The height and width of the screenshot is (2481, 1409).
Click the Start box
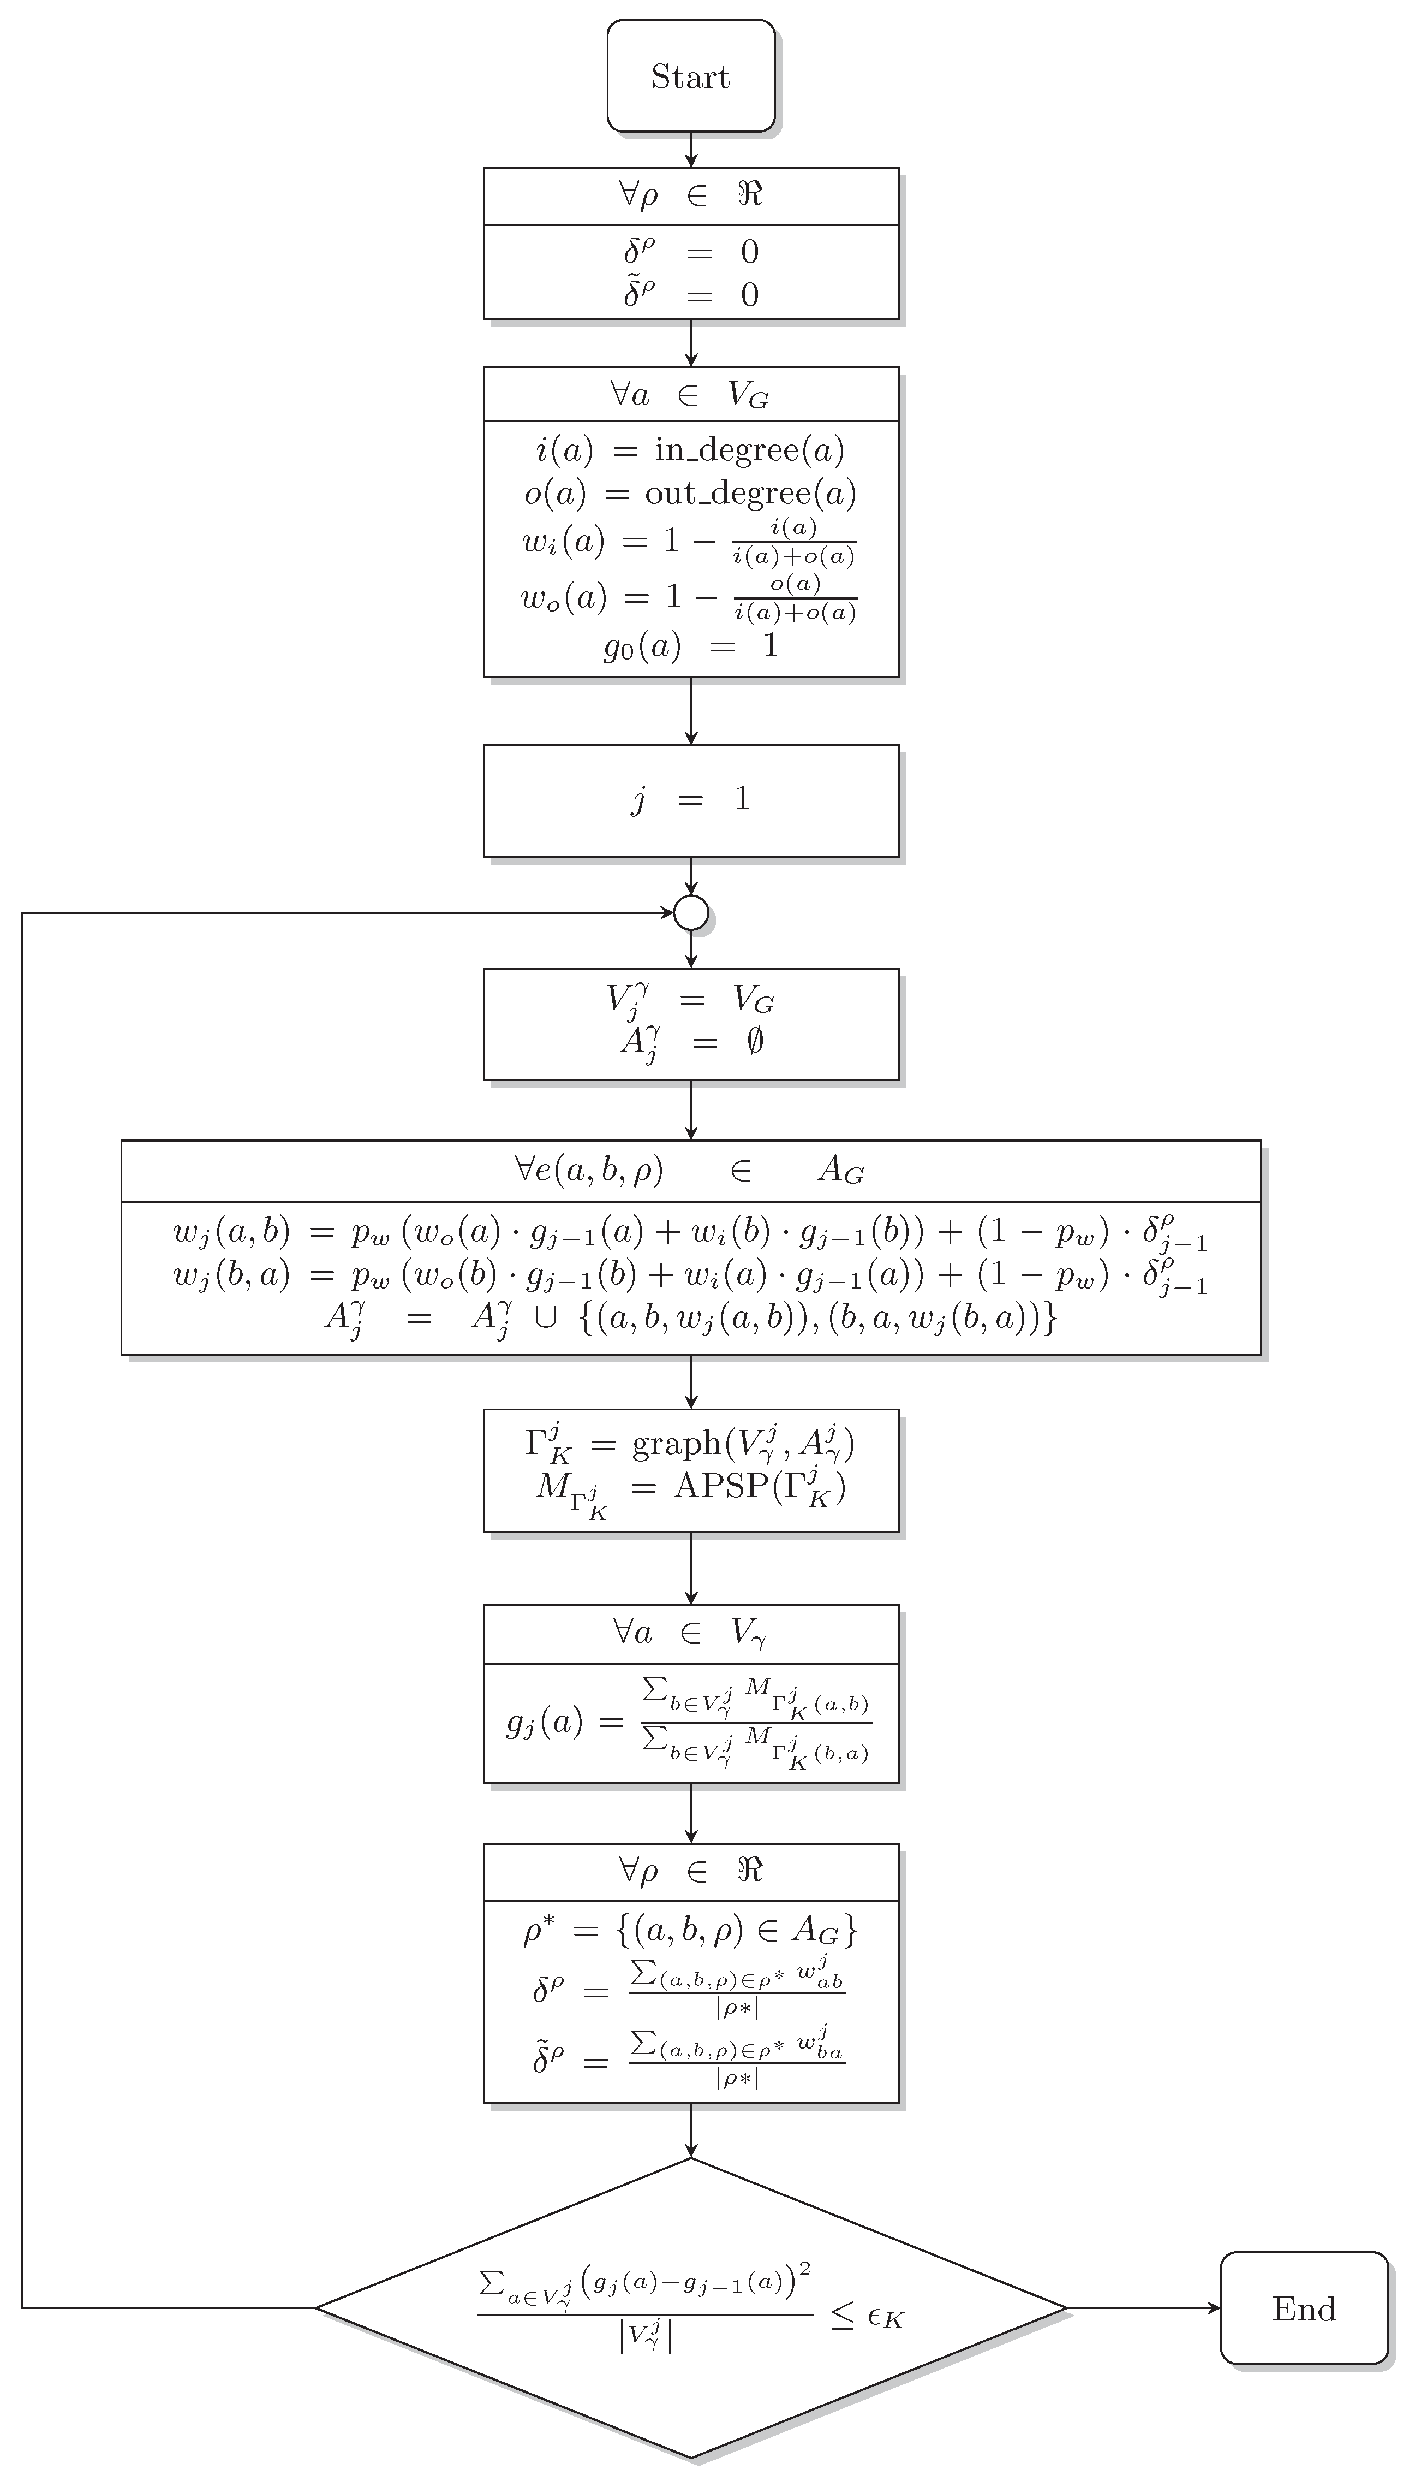691,75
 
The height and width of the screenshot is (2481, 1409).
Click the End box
1304,2308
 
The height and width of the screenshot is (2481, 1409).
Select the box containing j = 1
691,800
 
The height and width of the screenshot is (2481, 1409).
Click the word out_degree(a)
750,494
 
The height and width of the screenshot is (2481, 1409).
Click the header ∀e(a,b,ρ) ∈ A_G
691,1170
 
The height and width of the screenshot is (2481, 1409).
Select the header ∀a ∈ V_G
691,394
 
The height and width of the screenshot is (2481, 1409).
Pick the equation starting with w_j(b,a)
691,1275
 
